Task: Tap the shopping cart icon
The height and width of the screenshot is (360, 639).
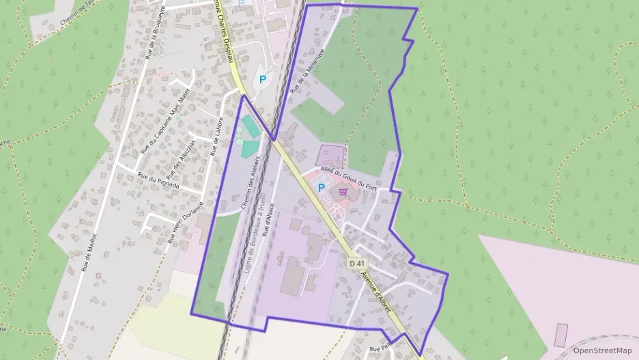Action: [x=342, y=193]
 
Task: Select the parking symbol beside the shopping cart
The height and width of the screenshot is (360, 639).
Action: [x=322, y=187]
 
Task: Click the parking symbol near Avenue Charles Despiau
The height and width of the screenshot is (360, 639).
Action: [x=263, y=79]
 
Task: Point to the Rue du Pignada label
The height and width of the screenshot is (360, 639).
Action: [x=158, y=180]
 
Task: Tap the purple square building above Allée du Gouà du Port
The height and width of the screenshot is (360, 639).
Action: [x=332, y=155]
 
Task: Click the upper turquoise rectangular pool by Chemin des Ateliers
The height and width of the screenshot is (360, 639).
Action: [x=249, y=126]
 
